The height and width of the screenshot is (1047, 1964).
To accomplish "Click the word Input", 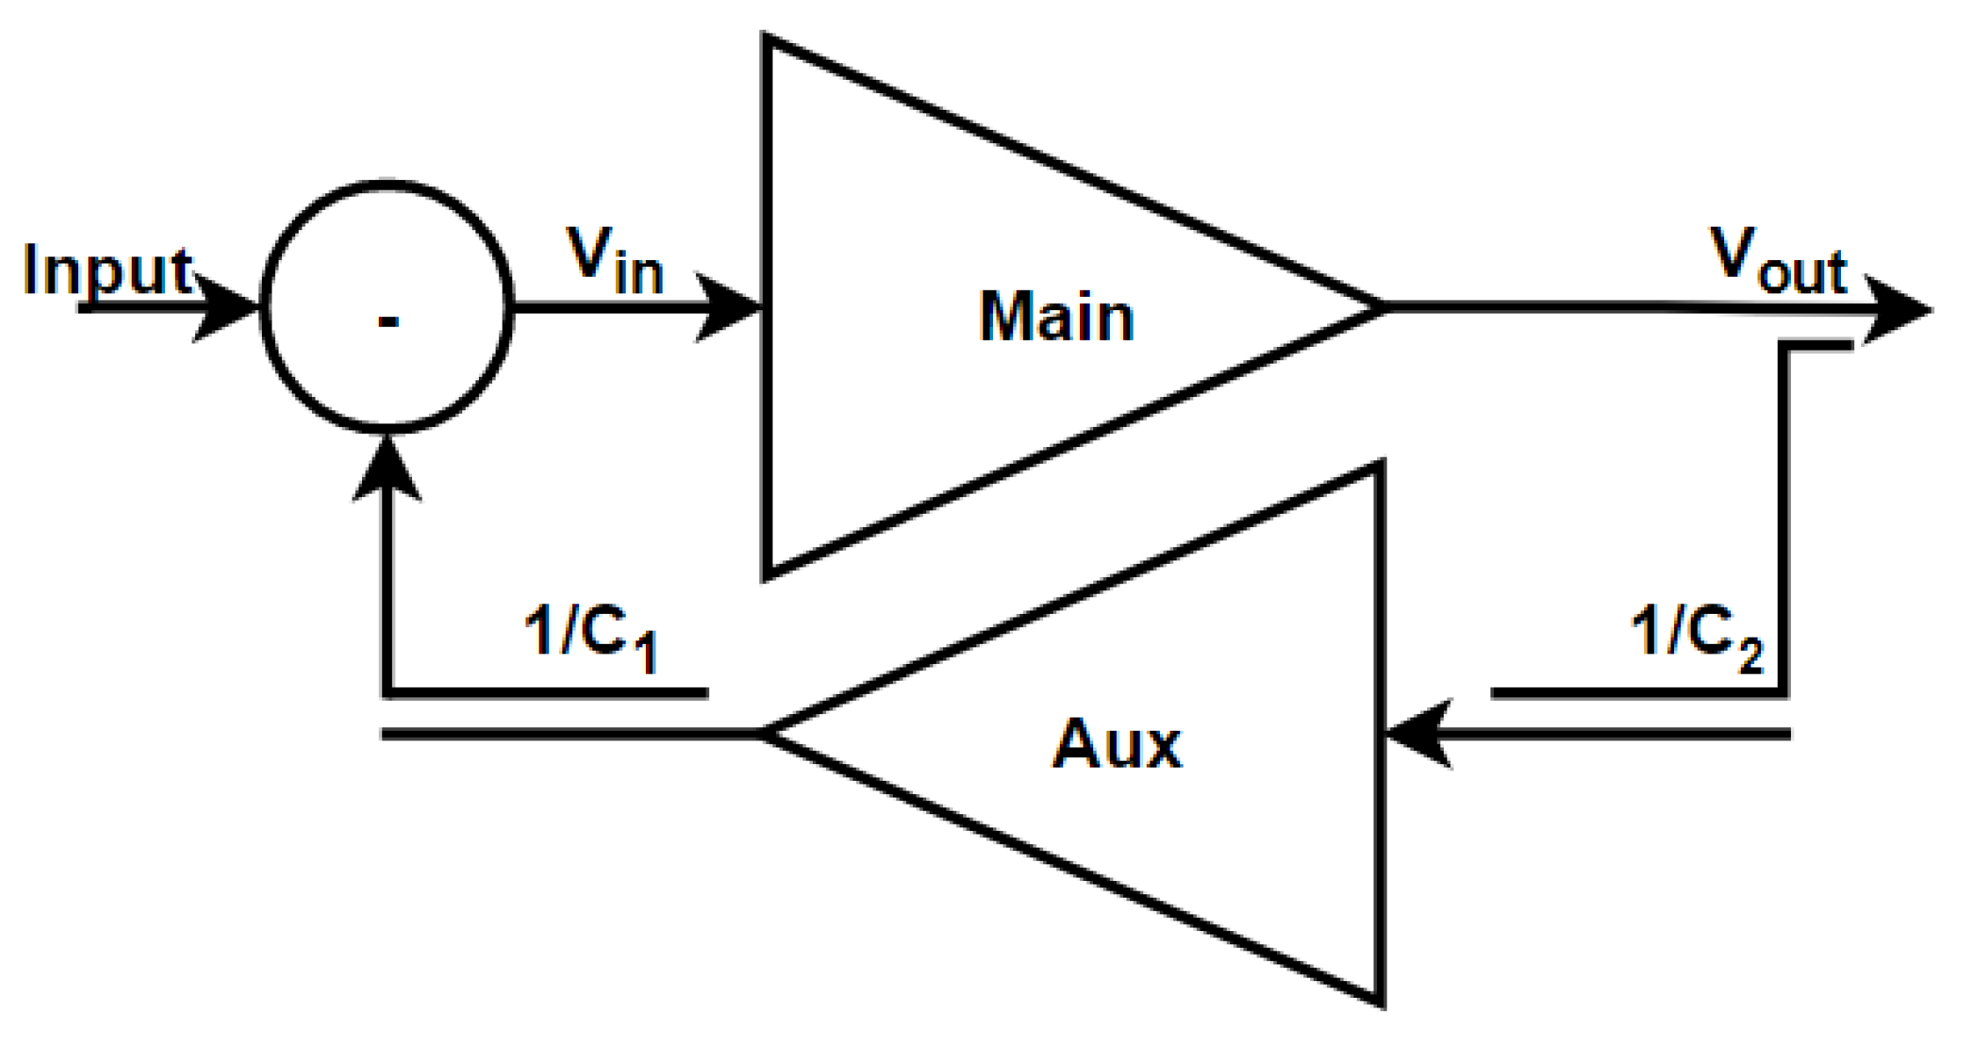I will pos(107,271).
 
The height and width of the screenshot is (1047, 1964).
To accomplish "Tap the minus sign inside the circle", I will pos(388,322).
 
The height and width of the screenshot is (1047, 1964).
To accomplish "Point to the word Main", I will pos(1056,317).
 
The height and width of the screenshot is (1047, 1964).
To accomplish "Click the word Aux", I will pos(1117,745).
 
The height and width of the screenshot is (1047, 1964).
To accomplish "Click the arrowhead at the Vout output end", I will pos(1898,310).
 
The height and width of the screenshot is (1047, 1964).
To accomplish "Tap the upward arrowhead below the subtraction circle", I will pos(387,470).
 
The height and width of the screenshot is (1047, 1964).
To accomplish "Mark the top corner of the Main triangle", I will pos(767,40).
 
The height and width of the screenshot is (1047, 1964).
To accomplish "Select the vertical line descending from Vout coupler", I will pos(1784,518).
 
